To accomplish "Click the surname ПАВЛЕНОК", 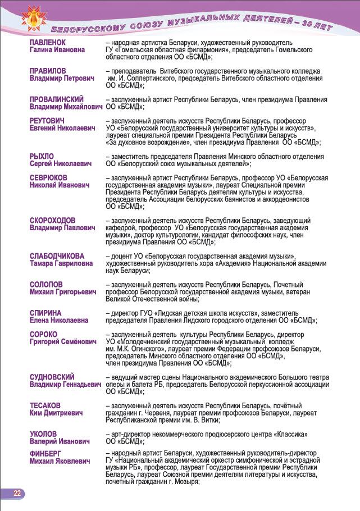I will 48,42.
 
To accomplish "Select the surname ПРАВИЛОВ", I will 48,71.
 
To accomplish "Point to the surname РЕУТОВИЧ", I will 47,121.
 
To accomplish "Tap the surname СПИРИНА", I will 45,313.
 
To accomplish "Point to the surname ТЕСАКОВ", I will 46,405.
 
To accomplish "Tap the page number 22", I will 17,493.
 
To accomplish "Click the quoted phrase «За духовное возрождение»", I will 146,143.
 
